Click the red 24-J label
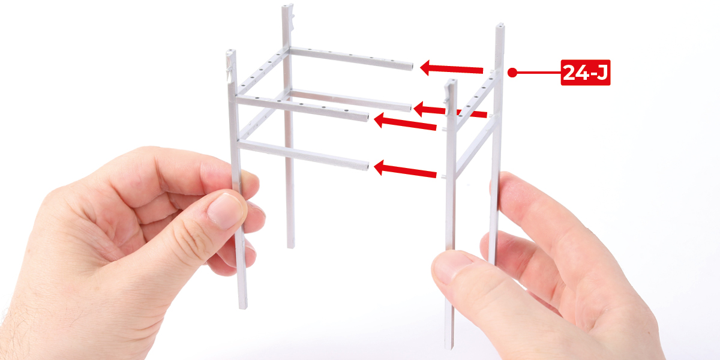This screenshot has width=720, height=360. pos(586,73)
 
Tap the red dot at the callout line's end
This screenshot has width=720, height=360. pos(512,73)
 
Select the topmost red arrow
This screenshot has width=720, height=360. pos(451,68)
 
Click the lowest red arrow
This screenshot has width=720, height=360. pos(405,169)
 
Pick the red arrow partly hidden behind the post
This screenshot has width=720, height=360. pos(450,110)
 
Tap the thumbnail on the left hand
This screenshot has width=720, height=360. pos(225,211)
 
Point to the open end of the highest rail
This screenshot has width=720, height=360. pos(412,67)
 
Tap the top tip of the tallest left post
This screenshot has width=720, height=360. pos(287,6)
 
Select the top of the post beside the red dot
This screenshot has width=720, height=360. pos(500,25)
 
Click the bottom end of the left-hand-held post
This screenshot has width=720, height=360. pos(242,307)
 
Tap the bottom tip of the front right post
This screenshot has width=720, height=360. pos(449,347)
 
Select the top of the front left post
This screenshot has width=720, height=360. pos(231,51)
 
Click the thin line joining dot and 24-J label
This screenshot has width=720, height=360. pos(538,73)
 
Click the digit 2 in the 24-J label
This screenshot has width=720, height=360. pos(569,73)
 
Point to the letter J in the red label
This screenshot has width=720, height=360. pos(601,73)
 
